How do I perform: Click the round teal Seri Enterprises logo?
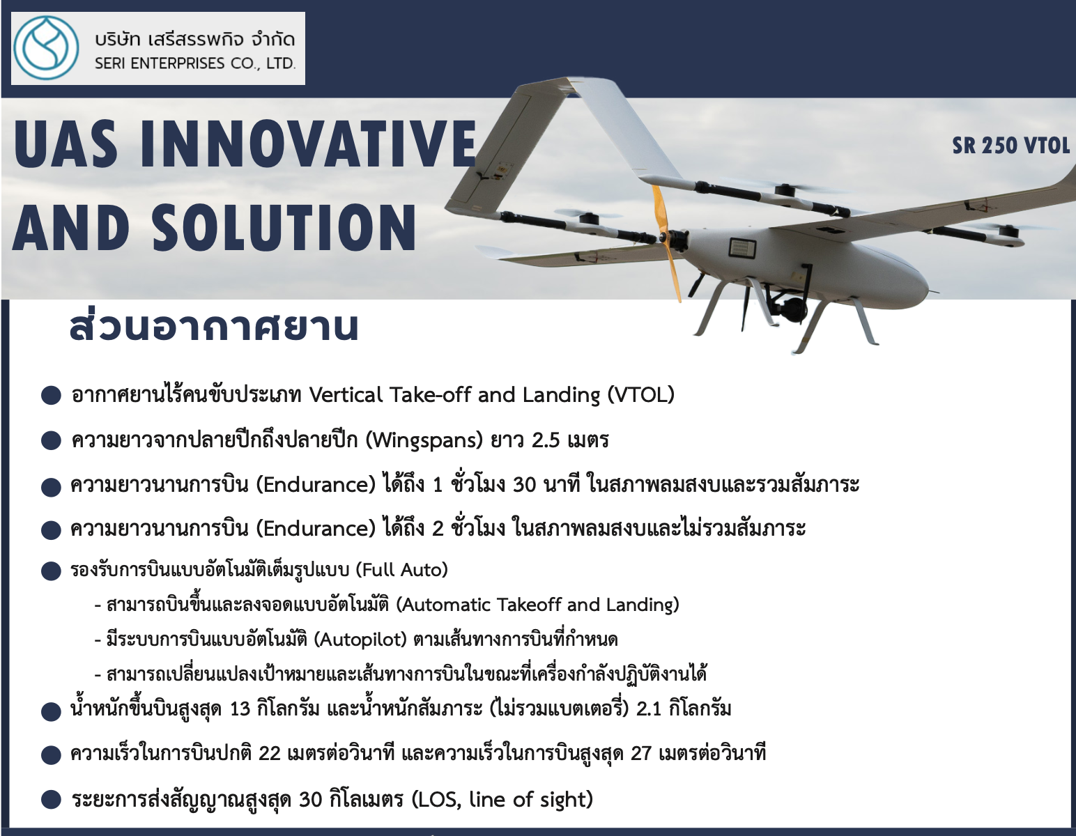[x=46, y=48]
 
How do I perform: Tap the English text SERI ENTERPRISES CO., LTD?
[x=195, y=64]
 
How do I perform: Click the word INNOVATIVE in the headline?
[x=308, y=144]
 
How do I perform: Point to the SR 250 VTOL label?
[x=1010, y=146]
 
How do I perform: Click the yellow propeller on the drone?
[x=666, y=242]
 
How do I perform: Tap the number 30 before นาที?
[x=524, y=485]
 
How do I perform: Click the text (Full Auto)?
[x=401, y=570]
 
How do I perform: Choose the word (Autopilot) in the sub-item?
[x=360, y=640]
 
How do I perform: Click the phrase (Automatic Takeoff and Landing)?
[x=538, y=605]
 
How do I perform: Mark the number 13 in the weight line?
[x=240, y=709]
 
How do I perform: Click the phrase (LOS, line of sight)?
[x=502, y=799]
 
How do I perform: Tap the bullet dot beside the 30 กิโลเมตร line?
[x=51, y=800]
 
